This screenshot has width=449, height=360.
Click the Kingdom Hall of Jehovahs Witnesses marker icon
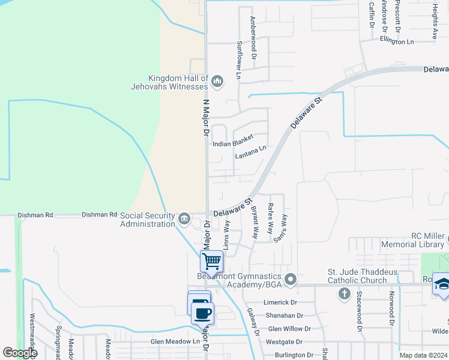click(x=217, y=82)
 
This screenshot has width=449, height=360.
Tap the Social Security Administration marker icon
click(x=184, y=220)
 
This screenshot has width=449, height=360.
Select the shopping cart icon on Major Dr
click(x=211, y=262)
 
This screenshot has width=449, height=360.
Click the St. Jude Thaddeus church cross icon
click(x=344, y=293)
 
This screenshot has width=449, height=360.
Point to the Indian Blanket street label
click(x=234, y=144)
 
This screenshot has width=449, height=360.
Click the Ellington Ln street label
click(x=397, y=41)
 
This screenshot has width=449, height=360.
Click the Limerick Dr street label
click(x=281, y=302)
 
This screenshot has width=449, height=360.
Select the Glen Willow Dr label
click(x=289, y=329)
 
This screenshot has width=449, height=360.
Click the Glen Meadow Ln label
click(x=175, y=341)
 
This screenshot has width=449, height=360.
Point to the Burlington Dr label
click(x=291, y=355)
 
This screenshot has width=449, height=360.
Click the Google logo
click(x=19, y=353)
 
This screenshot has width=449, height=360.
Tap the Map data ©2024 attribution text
click(x=423, y=355)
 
